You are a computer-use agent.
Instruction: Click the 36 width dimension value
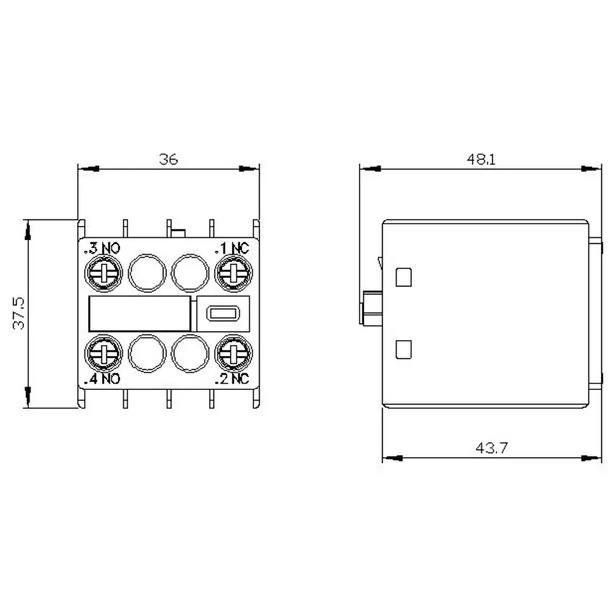coord(169,159)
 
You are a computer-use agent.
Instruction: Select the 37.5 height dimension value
coord(18,313)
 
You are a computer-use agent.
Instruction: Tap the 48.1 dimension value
coord(481,159)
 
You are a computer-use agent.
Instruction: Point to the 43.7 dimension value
coord(491,448)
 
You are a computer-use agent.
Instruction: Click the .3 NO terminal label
coord(102,248)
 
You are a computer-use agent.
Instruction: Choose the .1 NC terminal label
coord(232,248)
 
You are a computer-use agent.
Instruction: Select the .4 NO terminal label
coord(102,379)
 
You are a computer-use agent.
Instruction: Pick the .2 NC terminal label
coord(232,379)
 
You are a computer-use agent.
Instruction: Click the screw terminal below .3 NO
coord(103,273)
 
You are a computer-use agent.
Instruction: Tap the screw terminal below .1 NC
coord(234,273)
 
